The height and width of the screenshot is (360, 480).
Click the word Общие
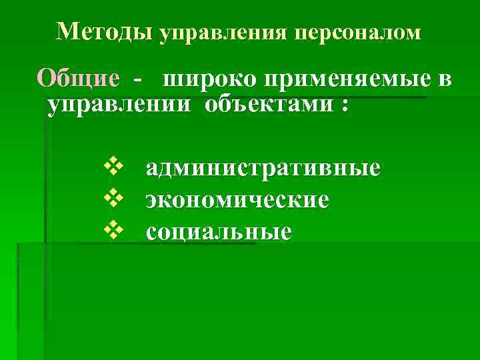coord(79,79)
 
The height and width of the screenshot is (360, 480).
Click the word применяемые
coord(344,80)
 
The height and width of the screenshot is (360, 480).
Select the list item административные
coord(263,167)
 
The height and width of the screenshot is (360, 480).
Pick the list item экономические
coord(237,199)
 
